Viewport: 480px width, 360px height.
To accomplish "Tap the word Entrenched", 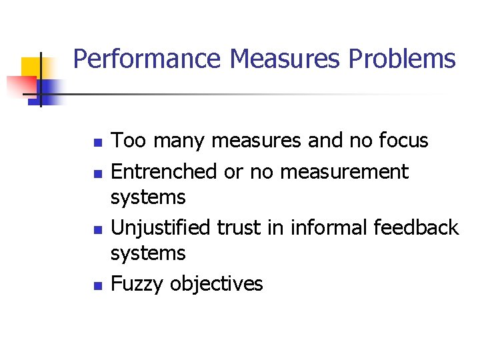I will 164,171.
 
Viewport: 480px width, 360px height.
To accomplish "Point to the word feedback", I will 416,227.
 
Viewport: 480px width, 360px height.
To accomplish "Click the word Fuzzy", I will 137,285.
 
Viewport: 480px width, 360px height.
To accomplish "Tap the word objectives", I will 216,284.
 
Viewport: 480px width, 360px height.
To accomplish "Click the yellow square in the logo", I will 32,68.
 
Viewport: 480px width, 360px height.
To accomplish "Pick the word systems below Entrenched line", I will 148,198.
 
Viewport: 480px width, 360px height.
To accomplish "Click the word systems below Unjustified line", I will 148,254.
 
